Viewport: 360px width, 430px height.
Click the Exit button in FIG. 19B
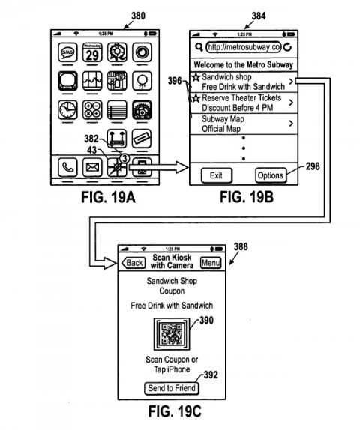click(x=216, y=175)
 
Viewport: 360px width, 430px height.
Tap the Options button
click(x=270, y=175)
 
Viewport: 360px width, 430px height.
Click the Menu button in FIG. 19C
click(x=210, y=263)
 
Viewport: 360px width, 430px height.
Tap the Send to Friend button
click(x=171, y=388)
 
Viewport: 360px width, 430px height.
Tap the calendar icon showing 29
click(x=92, y=54)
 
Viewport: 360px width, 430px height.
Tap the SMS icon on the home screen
click(x=67, y=54)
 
